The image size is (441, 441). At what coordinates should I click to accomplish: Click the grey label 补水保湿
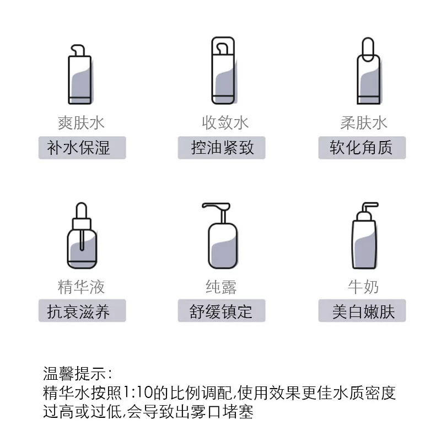(x=82, y=148)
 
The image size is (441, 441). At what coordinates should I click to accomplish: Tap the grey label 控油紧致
(x=222, y=148)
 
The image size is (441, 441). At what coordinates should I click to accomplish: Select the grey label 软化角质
(x=362, y=148)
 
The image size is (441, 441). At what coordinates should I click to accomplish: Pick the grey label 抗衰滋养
(x=82, y=310)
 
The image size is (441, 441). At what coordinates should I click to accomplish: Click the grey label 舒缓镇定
(x=222, y=310)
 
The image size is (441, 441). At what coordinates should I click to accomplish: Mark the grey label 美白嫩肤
(x=362, y=310)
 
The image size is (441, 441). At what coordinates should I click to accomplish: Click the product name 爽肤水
(x=81, y=123)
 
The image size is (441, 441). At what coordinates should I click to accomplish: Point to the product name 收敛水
(x=225, y=123)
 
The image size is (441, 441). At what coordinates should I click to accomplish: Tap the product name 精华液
(x=81, y=287)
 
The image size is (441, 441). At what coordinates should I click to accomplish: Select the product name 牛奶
(x=363, y=287)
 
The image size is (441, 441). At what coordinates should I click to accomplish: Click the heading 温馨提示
(x=74, y=374)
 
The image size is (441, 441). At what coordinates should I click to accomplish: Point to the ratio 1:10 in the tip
(x=138, y=392)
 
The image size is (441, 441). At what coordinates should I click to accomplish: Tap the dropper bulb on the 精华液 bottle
(x=82, y=211)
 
